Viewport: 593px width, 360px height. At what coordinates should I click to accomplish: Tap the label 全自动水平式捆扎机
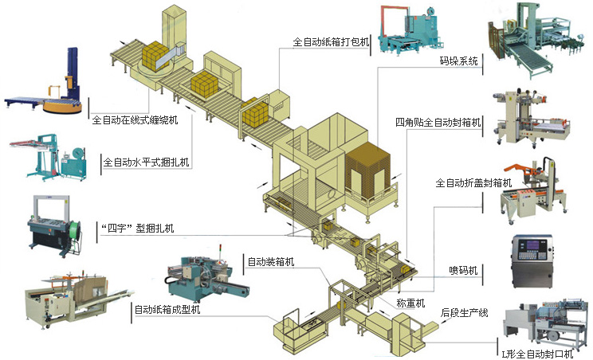tap(147, 164)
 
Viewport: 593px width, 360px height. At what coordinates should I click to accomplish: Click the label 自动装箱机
tap(271, 261)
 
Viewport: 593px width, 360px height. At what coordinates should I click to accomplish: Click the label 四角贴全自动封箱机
tap(438, 123)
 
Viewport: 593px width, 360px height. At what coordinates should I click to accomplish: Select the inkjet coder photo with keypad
tap(530, 261)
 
